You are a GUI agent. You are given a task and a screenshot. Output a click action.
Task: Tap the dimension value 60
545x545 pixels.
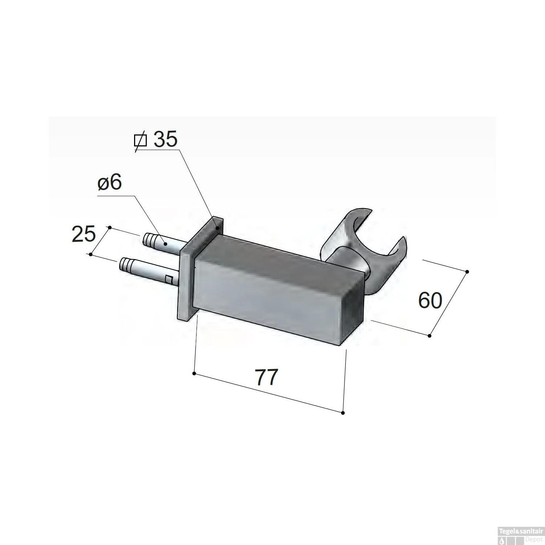430,300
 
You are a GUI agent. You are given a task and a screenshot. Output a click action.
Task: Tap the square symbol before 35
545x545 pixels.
140,140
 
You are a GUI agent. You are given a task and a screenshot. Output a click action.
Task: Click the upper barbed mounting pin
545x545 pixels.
163,244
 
